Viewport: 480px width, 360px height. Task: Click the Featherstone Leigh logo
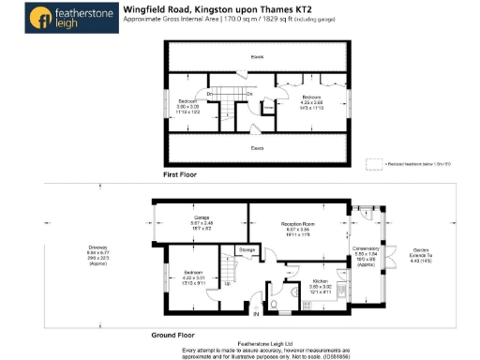[60, 18]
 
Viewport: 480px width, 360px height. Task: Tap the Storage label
[247, 250]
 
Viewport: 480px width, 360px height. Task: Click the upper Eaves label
[256, 57]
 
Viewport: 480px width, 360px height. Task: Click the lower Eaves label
[256, 148]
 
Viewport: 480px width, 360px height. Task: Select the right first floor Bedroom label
[311, 97]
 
